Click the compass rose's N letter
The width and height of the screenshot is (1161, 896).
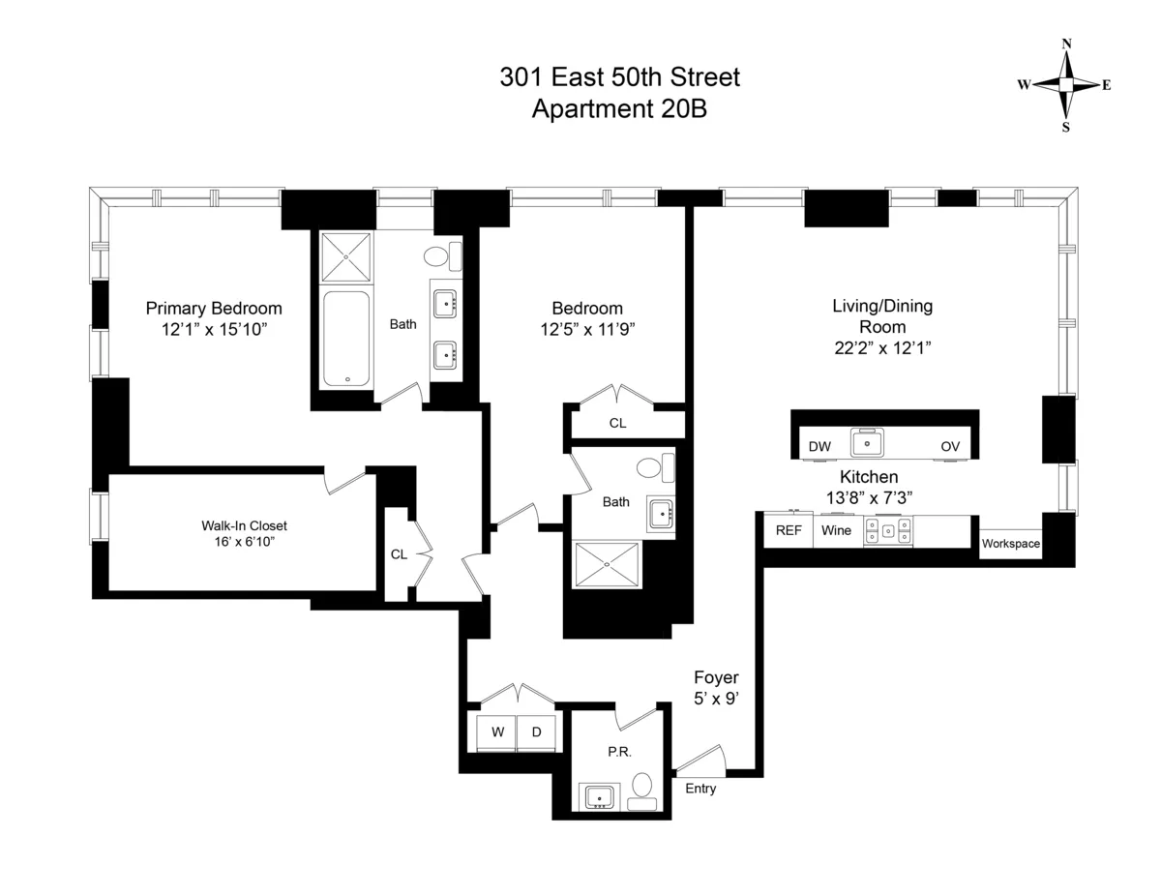[x=1066, y=44]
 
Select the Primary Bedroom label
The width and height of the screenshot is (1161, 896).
[x=214, y=309]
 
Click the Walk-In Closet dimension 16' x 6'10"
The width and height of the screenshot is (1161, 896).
[x=244, y=543]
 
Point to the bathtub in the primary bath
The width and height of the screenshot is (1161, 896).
[x=345, y=339]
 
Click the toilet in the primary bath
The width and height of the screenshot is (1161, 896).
[x=441, y=256]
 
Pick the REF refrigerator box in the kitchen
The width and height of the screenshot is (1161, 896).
[x=789, y=530]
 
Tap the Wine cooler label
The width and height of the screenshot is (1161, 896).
[x=836, y=530]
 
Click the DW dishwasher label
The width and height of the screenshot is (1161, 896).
[x=819, y=446]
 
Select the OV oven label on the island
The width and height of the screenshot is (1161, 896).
[x=950, y=446]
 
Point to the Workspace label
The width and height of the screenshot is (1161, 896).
[x=1011, y=544]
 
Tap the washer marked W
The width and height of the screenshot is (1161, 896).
[x=497, y=732]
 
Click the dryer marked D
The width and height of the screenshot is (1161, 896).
[x=536, y=732]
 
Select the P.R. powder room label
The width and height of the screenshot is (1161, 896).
[x=619, y=752]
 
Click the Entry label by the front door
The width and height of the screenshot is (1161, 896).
[x=700, y=789]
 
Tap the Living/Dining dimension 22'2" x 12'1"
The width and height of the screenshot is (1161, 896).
[x=881, y=346]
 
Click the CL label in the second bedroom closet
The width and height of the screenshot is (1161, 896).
[x=617, y=423]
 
